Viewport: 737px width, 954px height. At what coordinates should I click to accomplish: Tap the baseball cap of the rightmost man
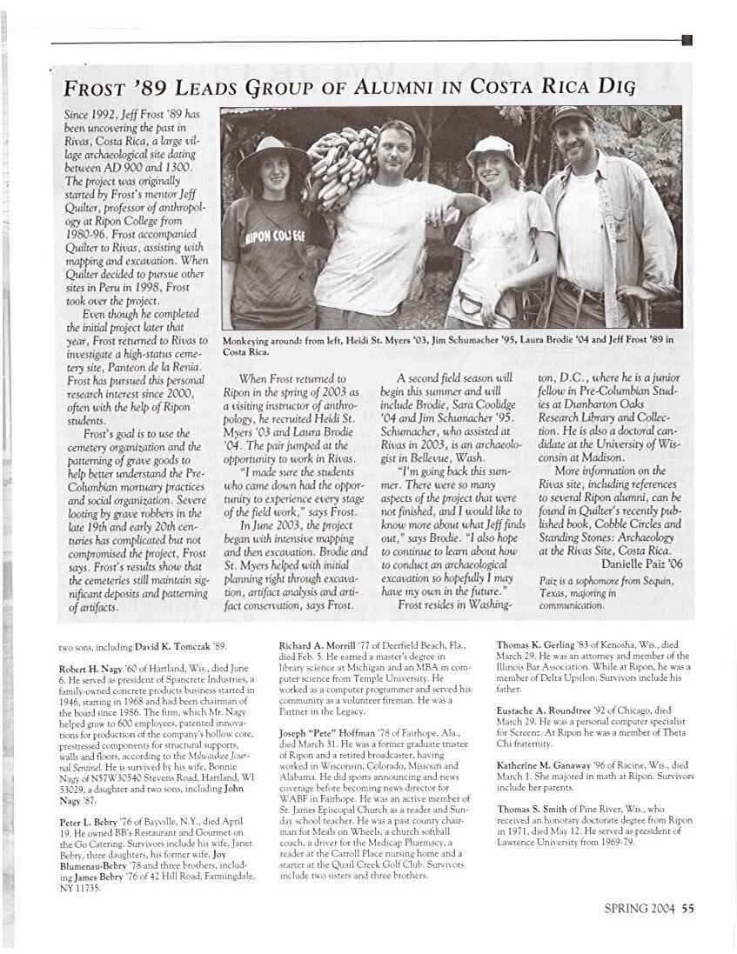click(573, 115)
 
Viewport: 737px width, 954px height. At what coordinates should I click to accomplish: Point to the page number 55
click(688, 910)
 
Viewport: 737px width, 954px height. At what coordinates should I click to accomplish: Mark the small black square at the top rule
click(687, 39)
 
